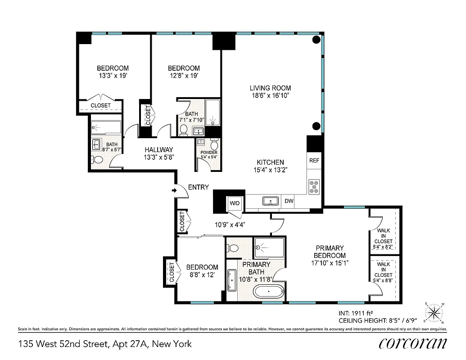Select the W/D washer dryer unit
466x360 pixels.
click(235, 203)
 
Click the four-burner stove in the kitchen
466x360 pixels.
click(314, 186)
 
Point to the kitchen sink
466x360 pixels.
click(270, 201)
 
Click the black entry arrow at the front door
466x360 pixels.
click(174, 191)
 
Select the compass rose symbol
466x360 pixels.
click(434, 312)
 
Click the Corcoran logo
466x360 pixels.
click(413, 343)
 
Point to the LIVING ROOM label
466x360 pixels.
click(271, 88)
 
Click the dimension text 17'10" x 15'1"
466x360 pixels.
click(330, 263)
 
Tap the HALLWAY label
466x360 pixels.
click(158, 150)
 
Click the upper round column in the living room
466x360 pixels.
click(317, 40)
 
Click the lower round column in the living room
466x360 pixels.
click(317, 126)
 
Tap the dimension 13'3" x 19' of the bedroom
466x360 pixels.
click(113, 76)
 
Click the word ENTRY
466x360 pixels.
click(199, 187)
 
